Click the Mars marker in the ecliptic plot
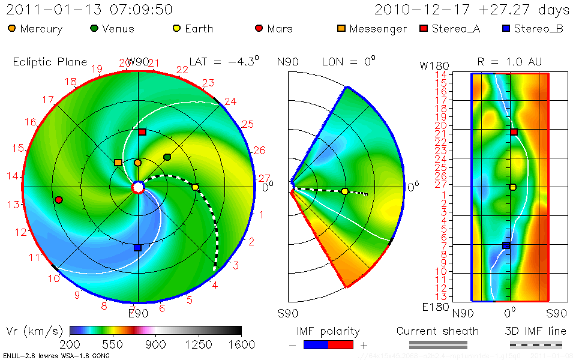(58, 200)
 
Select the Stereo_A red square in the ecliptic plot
(142, 132)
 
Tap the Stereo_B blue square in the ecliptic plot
(137, 247)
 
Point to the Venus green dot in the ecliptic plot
(167, 157)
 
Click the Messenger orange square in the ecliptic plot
(118, 163)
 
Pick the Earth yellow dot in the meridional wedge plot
(344, 191)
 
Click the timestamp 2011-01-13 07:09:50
(89, 10)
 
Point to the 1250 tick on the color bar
(199, 344)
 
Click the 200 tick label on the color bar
(70, 344)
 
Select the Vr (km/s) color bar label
(32, 331)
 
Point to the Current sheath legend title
(438, 331)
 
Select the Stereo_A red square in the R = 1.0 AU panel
(514, 132)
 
